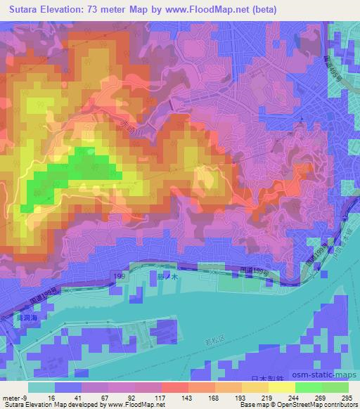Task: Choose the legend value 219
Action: [x=259, y=397]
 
